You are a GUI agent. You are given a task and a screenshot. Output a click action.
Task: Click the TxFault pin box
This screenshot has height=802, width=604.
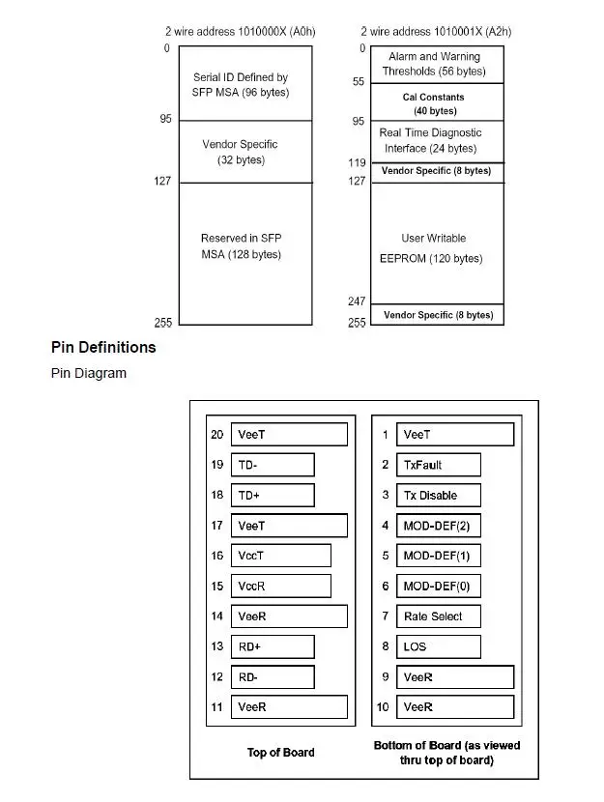pos(439,465)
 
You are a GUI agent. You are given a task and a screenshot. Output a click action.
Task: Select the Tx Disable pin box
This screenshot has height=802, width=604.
pos(439,495)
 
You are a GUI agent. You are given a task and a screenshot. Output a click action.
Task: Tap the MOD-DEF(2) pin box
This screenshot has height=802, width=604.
pos(439,526)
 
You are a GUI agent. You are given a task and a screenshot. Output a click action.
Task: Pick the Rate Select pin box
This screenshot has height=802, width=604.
pos(439,616)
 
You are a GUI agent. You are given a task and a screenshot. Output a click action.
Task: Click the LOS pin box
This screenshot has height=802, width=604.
pos(439,646)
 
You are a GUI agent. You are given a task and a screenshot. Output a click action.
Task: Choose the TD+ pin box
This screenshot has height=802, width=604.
pos(273,495)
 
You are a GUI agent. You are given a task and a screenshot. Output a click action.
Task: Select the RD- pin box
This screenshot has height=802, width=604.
pos(273,676)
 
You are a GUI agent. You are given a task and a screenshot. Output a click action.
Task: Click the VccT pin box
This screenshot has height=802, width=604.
pos(281,556)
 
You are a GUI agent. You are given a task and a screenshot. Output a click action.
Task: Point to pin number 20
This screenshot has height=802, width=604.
pos(216,434)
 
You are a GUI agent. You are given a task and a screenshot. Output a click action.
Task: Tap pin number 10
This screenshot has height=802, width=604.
pos(383,707)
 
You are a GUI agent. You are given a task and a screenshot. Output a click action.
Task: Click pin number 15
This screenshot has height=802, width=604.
pos(216,586)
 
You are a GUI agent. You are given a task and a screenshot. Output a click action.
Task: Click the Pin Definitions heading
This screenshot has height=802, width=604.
pos(103,347)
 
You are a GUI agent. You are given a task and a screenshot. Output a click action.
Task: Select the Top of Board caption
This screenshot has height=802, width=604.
pos(281,752)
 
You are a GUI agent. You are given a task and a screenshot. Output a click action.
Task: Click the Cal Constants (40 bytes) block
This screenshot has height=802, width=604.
pos(437,102)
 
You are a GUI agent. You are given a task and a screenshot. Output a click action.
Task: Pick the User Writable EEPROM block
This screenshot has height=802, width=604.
pos(437,243)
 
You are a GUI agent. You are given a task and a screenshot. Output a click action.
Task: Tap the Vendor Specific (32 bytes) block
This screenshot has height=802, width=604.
pos(245,152)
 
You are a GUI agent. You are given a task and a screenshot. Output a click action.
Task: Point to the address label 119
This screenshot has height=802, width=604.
pos(357,162)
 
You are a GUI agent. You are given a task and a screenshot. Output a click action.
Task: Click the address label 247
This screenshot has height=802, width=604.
pos(357,301)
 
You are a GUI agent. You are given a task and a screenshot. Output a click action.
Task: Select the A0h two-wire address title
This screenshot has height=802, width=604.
pos(241,32)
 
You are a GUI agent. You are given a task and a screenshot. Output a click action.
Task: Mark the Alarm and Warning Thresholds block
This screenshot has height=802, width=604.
pos(437,65)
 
